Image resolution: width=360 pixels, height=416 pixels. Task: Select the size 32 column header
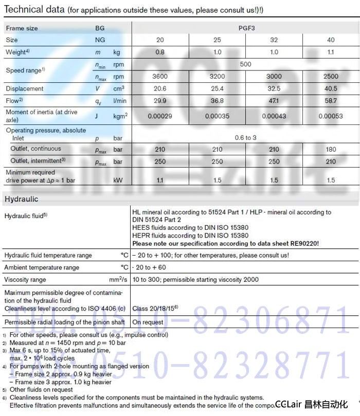tap(274, 40)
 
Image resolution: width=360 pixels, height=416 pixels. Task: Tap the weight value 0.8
tap(160, 52)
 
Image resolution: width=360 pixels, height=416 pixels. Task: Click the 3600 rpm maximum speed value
tap(160, 76)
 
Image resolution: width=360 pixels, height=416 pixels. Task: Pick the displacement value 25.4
tap(217, 88)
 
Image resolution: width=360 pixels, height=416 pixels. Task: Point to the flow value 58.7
tap(331, 100)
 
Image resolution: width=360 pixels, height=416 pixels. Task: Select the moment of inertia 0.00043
tap(274, 116)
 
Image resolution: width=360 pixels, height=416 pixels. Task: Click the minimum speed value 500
tap(245, 64)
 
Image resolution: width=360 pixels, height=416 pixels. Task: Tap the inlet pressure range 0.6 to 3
tap(245, 137)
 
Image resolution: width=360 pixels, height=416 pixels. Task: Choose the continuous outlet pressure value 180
tap(331, 149)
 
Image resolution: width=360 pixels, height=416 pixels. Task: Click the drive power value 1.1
tap(160, 180)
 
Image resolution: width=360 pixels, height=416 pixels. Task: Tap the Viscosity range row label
tap(25, 280)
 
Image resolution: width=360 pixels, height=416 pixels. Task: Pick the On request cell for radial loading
tap(148, 322)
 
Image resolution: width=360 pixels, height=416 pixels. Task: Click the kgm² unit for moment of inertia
tap(120, 116)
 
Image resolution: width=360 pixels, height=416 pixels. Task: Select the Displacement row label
tap(24, 88)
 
